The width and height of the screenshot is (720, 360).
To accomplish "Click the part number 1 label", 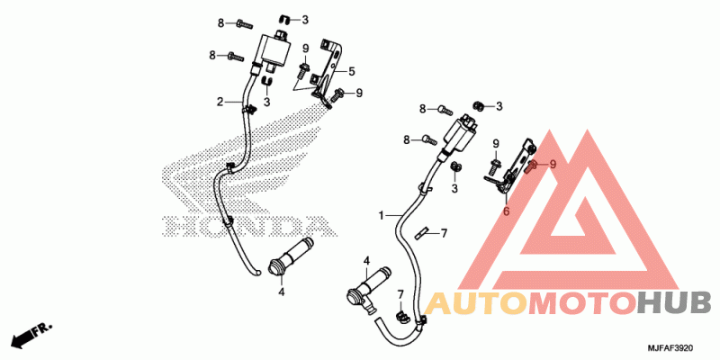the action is pyautogui.click(x=381, y=215).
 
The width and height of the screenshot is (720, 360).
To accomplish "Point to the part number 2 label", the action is pyautogui.click(x=220, y=102).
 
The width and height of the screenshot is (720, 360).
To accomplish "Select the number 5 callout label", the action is pyautogui.click(x=351, y=71).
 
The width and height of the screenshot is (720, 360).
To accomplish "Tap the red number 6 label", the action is pyautogui.click(x=507, y=211).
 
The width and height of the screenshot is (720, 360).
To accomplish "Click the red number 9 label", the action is pyautogui.click(x=553, y=164).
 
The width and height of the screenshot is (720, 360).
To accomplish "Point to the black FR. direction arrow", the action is pyautogui.click(x=31, y=334).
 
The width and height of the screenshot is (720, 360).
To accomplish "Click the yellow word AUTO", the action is pyautogui.click(x=476, y=304).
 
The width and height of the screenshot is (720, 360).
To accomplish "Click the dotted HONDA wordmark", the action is pyautogui.click(x=249, y=226).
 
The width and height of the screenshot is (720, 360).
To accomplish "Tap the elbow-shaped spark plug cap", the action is pyautogui.click(x=368, y=290).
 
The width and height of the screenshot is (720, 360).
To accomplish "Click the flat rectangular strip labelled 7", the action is pyautogui.click(x=420, y=233).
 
